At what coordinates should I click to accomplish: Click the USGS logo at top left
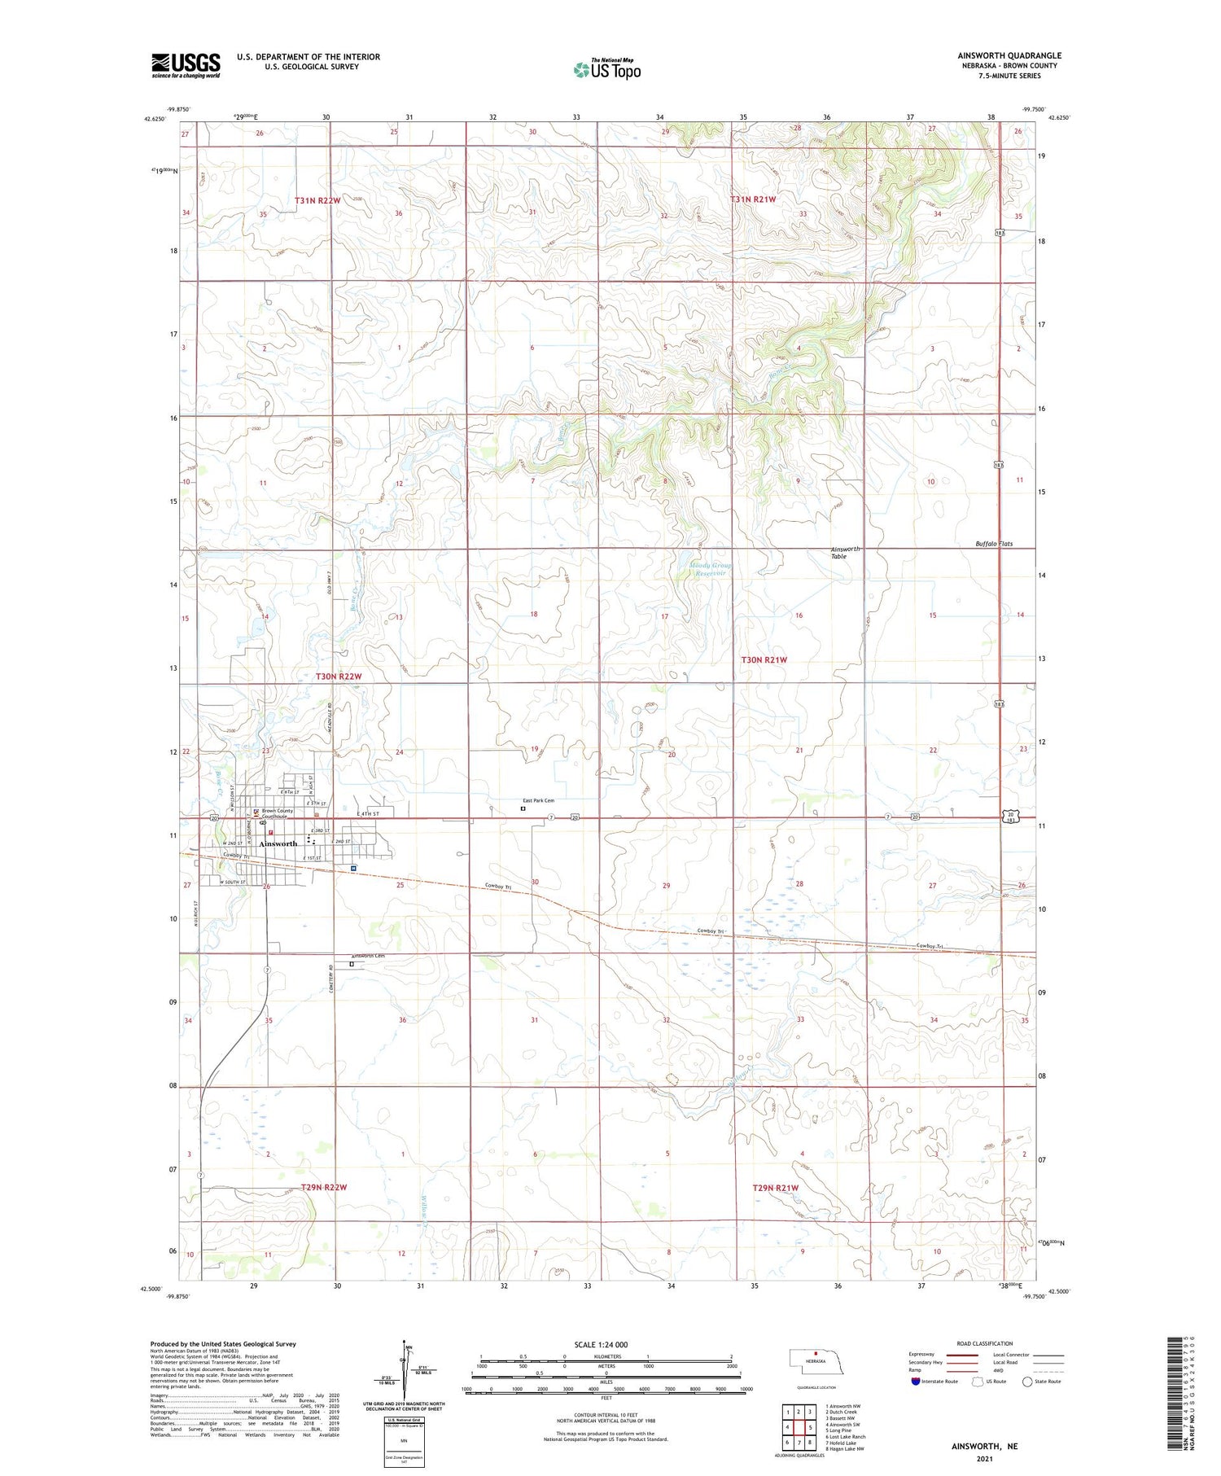(x=186, y=65)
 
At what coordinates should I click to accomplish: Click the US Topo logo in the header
(x=606, y=69)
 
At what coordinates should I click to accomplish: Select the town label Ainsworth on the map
(x=278, y=843)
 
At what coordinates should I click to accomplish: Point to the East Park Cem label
(x=538, y=800)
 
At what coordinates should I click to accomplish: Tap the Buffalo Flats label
(x=994, y=544)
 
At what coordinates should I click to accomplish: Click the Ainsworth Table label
(x=844, y=553)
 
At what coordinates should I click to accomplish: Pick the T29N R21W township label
(x=775, y=1188)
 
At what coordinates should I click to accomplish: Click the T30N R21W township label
(x=764, y=659)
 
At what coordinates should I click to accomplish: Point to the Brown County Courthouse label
(x=277, y=813)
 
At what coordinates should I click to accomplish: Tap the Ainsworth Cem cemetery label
(x=368, y=956)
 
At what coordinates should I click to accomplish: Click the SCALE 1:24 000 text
(x=601, y=1344)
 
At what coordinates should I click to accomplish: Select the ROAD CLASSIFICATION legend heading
(x=985, y=1343)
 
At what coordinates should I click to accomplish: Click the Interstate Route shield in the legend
(x=916, y=1382)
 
